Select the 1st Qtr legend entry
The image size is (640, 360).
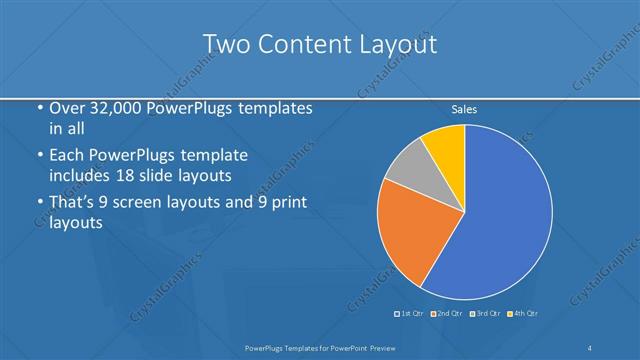point(410,315)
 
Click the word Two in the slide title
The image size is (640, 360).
point(225,44)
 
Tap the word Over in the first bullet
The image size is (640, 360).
point(68,108)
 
